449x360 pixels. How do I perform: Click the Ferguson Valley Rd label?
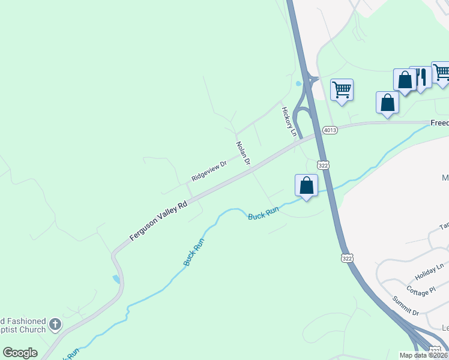point(158,221)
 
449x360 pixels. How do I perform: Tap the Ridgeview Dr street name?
point(209,171)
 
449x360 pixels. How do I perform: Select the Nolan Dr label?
point(243,154)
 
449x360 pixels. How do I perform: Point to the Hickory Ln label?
point(288,121)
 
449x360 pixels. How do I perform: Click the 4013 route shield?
point(330,130)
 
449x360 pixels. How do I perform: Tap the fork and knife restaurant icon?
point(420,77)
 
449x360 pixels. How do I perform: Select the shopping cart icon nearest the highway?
point(342,90)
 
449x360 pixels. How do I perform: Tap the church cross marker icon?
point(55,325)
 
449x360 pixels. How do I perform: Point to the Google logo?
point(20,353)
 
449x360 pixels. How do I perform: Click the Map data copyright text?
point(424,355)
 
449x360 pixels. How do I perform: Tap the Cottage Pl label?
point(420,291)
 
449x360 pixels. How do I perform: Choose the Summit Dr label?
point(405,306)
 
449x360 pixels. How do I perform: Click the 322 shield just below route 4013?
point(323,164)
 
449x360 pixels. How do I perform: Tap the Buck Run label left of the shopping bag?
point(264,213)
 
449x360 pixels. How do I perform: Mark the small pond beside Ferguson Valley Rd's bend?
point(116,279)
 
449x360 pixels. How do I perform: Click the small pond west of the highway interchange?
point(298,84)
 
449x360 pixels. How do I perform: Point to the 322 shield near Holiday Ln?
point(346,258)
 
